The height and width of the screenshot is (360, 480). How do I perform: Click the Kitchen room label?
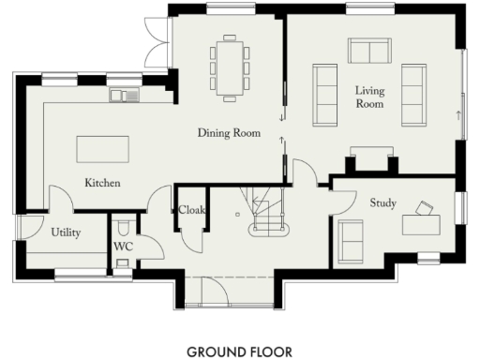(102, 183)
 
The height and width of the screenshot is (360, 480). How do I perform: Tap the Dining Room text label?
(228, 133)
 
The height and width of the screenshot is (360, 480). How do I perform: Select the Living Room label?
(369, 97)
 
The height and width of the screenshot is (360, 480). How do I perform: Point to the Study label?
(382, 202)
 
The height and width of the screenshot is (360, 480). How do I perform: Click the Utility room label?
(66, 232)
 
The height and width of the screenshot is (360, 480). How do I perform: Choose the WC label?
(123, 247)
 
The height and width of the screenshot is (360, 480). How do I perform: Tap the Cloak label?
(191, 210)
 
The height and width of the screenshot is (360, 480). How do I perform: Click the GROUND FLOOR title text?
(239, 352)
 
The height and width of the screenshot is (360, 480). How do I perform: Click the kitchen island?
(96, 150)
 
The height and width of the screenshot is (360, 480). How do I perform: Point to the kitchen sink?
(124, 94)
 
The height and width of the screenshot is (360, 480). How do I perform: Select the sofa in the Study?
(351, 240)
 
